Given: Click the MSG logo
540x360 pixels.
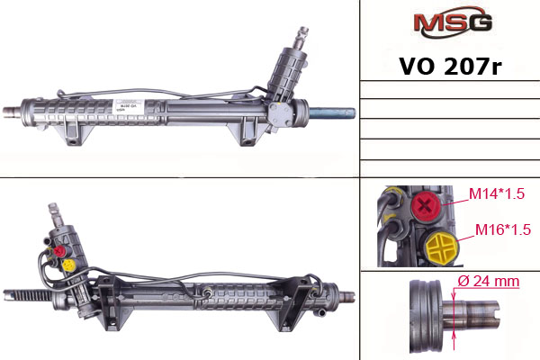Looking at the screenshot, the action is [x=453, y=22].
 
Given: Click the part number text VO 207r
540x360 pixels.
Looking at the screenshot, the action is [x=450, y=66].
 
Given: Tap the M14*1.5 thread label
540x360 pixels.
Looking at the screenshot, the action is [x=497, y=194].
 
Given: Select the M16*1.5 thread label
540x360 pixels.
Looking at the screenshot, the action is [x=503, y=229].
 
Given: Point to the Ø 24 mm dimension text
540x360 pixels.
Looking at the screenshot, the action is [x=489, y=281].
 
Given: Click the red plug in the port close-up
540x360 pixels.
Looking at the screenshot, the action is [x=426, y=206].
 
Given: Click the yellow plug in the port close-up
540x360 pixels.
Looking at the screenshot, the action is [x=441, y=247].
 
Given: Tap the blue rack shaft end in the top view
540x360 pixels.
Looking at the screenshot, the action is [x=333, y=113].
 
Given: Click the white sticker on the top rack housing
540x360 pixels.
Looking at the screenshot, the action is [x=128, y=106].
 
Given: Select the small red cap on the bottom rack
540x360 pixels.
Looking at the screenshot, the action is [x=59, y=251].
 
